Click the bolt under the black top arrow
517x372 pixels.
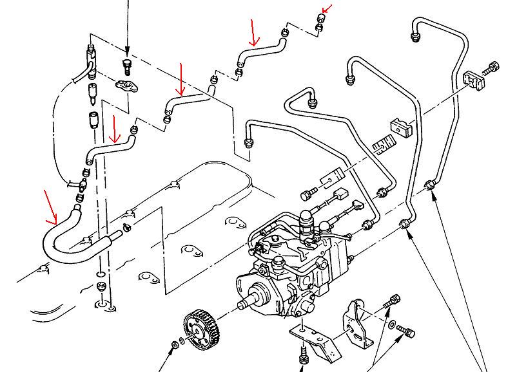click(x=128, y=65)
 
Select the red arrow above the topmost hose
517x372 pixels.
click(x=253, y=32)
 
